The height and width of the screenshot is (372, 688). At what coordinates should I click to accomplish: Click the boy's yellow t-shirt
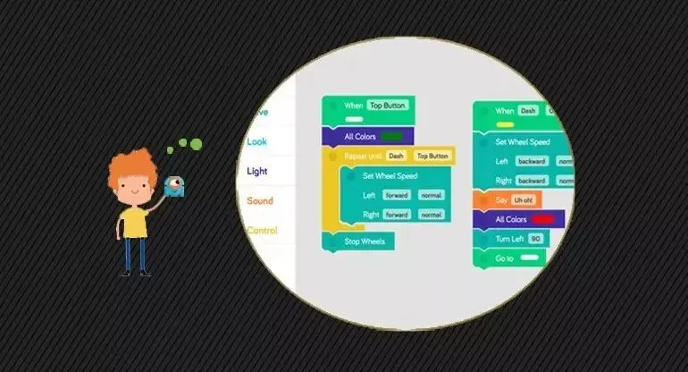pos(134,220)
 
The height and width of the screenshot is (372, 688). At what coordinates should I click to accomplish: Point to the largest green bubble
pos(196,143)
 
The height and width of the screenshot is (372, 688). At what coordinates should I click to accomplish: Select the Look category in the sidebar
pos(257,141)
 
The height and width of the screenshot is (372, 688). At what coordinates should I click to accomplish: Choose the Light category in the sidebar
pos(257,171)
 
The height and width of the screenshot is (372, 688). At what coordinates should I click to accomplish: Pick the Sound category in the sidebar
pos(260,200)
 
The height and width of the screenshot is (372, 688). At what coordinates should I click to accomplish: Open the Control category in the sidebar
pos(262,230)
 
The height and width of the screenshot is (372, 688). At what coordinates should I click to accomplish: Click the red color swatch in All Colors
pos(541,219)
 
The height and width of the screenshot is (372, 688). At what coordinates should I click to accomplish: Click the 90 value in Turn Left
pos(536,239)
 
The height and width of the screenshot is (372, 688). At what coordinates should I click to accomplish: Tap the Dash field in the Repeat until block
pos(396,156)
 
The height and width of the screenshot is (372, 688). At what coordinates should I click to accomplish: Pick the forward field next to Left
pos(397,195)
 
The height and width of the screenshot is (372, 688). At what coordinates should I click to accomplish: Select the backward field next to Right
pos(533,181)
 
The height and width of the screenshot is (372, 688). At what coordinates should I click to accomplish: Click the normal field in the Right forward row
pos(432,215)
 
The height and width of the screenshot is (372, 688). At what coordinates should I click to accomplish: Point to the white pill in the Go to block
pos(533,258)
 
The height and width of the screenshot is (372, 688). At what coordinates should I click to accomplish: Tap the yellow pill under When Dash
pos(505,123)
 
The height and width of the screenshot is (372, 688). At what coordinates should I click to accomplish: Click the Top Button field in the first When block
pos(387,106)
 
